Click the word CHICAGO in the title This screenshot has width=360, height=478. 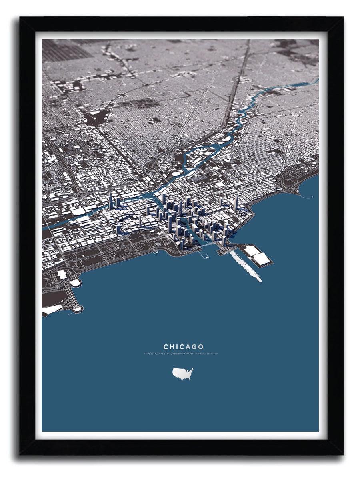[183, 346]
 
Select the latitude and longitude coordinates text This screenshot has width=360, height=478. [157, 354]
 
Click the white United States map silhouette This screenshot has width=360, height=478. [182, 374]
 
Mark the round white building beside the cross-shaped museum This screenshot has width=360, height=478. [76, 282]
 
